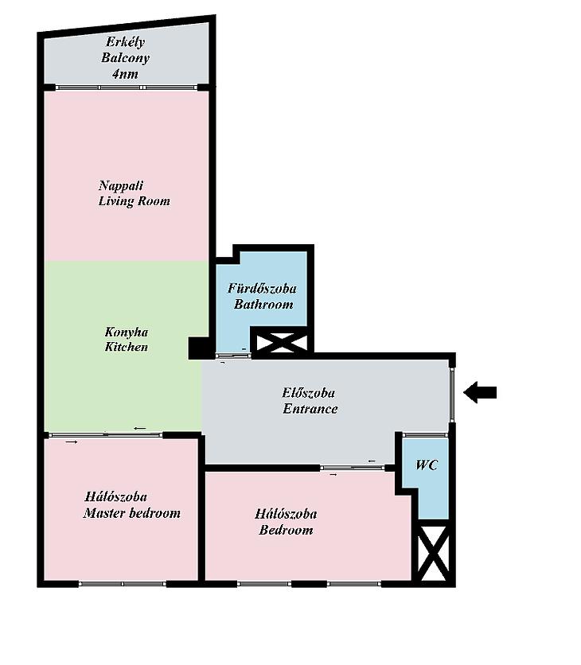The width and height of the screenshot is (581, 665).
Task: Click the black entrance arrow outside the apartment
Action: point(480,392)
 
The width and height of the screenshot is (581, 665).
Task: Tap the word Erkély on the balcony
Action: point(126,42)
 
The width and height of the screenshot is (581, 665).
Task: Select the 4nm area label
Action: point(125,74)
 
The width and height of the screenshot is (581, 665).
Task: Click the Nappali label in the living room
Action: point(121,185)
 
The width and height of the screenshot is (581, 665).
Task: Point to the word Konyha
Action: point(127,331)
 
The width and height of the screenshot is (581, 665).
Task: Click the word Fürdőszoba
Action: point(262,289)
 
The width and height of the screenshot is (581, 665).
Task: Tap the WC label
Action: point(426,465)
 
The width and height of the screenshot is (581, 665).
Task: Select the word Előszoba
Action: point(309,393)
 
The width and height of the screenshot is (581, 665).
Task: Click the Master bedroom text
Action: point(132,513)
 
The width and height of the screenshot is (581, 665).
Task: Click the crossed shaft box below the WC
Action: point(433,554)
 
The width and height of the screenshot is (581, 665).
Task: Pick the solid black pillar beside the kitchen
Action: point(198,348)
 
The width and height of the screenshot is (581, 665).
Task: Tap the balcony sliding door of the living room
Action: point(127,87)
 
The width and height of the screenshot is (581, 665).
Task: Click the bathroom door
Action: point(233,356)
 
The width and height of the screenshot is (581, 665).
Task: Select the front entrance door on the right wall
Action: point(452,395)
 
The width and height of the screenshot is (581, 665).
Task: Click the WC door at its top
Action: point(425,434)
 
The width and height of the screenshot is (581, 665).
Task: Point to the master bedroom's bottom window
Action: point(123,584)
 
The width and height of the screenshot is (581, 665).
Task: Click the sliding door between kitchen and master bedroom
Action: point(105,434)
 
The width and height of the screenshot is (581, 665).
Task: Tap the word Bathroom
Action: point(263,305)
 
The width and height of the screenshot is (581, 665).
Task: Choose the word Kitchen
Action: point(127,347)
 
